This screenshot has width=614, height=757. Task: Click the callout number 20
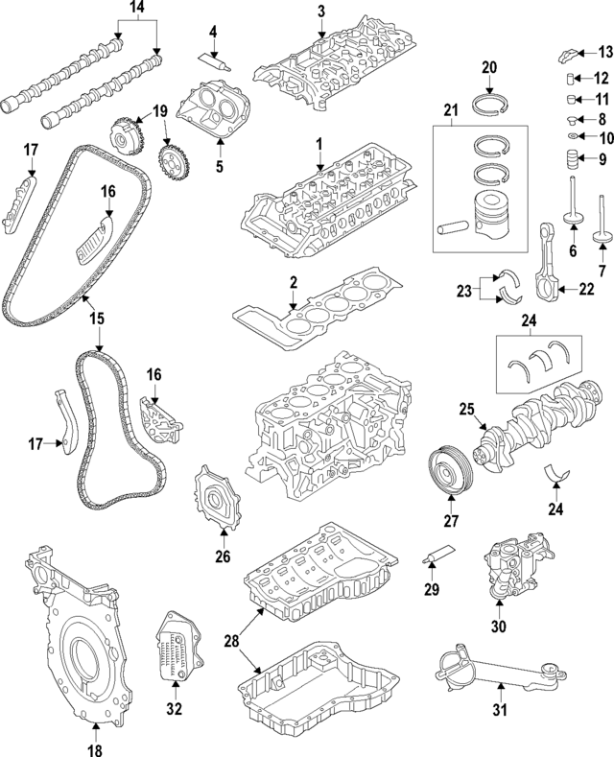(x=488, y=67)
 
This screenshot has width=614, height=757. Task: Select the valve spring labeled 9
(x=572, y=157)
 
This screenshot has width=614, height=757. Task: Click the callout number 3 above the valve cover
(x=321, y=12)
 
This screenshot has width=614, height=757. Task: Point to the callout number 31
(x=498, y=712)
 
